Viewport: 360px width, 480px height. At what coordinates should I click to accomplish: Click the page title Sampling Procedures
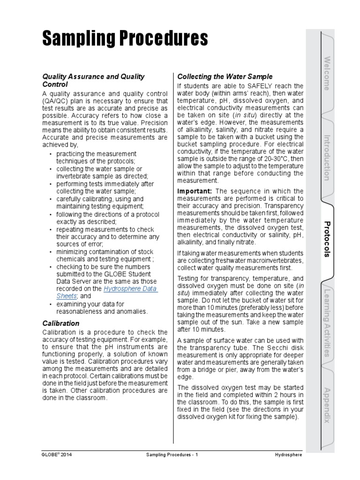(x=125, y=38)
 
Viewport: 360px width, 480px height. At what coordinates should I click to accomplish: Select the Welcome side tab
(x=327, y=73)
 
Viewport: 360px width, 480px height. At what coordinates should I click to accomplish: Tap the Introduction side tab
(x=327, y=157)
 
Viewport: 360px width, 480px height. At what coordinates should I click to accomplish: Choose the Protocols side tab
(x=327, y=239)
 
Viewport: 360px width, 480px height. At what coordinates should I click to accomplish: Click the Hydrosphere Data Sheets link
(x=130, y=292)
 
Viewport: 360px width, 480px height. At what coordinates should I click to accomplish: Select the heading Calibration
(x=61, y=323)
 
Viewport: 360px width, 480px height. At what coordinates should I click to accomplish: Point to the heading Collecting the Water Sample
(x=225, y=76)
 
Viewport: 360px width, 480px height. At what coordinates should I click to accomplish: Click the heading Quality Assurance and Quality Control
(x=94, y=80)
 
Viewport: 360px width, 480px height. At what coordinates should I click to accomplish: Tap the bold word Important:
(x=195, y=191)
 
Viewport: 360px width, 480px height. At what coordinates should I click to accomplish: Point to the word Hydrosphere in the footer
(x=289, y=455)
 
